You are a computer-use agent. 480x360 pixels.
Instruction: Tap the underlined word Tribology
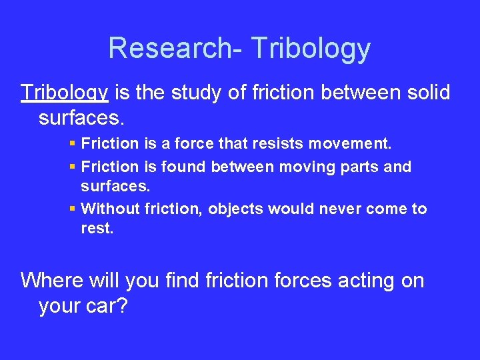65,93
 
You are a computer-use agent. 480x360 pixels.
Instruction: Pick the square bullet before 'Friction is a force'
73,143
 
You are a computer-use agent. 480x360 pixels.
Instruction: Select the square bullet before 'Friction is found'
73,167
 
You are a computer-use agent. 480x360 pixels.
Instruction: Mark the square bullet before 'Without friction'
73,209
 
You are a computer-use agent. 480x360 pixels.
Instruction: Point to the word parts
365,167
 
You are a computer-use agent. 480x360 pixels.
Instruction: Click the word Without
109,209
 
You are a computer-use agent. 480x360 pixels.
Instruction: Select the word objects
237,209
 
